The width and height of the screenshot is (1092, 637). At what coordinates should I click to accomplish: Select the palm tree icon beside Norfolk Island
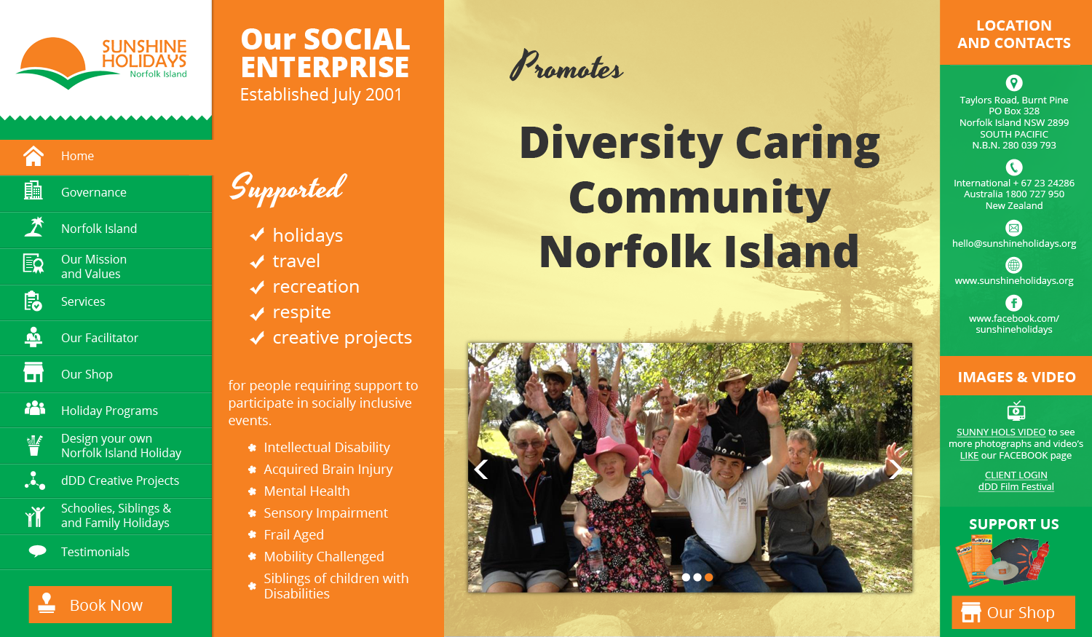[x=34, y=227]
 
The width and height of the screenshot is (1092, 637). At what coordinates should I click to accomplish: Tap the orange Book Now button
[x=100, y=604]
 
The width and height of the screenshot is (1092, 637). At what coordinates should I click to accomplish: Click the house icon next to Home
[x=33, y=156]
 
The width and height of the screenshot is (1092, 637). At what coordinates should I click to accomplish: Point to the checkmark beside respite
[x=257, y=312]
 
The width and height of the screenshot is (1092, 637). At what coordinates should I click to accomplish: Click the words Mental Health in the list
[x=306, y=491]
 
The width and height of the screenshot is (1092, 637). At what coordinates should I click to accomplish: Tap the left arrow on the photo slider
[x=480, y=470]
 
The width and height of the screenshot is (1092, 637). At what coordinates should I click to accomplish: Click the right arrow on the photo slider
[x=895, y=470]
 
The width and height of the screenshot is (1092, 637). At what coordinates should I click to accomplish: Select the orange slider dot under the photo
[x=709, y=577]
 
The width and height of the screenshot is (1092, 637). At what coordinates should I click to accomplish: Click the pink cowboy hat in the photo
[x=612, y=451]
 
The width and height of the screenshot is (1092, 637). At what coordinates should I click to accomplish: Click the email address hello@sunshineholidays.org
[x=1014, y=243]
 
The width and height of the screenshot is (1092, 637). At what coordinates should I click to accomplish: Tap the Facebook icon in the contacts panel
[x=1014, y=303]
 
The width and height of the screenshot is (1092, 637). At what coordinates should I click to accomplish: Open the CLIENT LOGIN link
[x=1016, y=475]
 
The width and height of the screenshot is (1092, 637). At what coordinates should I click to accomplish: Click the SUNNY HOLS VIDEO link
[x=1001, y=432]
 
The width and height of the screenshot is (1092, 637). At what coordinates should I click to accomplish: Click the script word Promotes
[x=566, y=66]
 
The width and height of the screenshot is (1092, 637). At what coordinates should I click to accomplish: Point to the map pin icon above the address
[x=1014, y=83]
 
